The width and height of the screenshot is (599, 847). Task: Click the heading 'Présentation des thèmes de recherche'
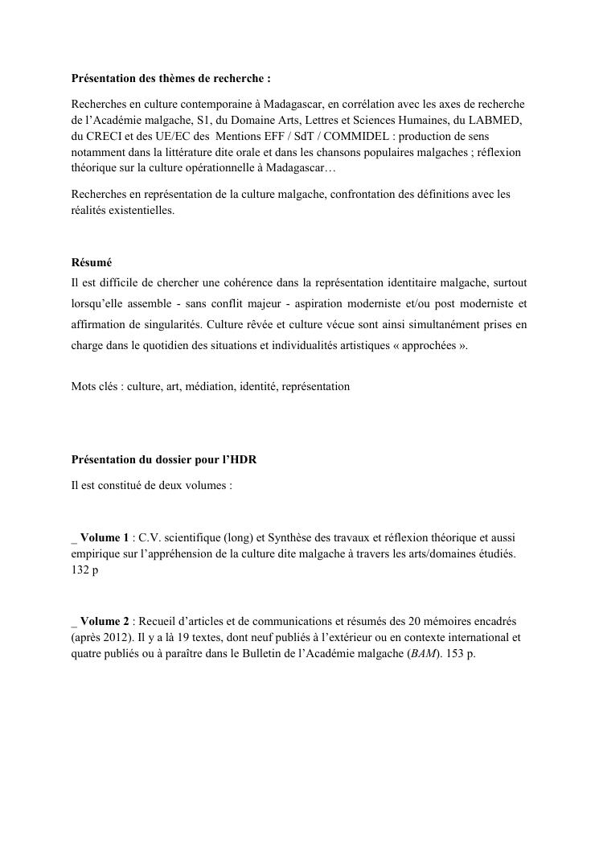coord(171,80)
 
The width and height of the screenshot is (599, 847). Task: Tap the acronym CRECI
coord(105,136)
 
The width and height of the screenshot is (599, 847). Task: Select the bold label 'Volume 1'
coord(105,537)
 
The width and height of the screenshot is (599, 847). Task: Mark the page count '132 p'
coord(84,567)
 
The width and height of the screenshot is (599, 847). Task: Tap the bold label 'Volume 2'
coord(105,621)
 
